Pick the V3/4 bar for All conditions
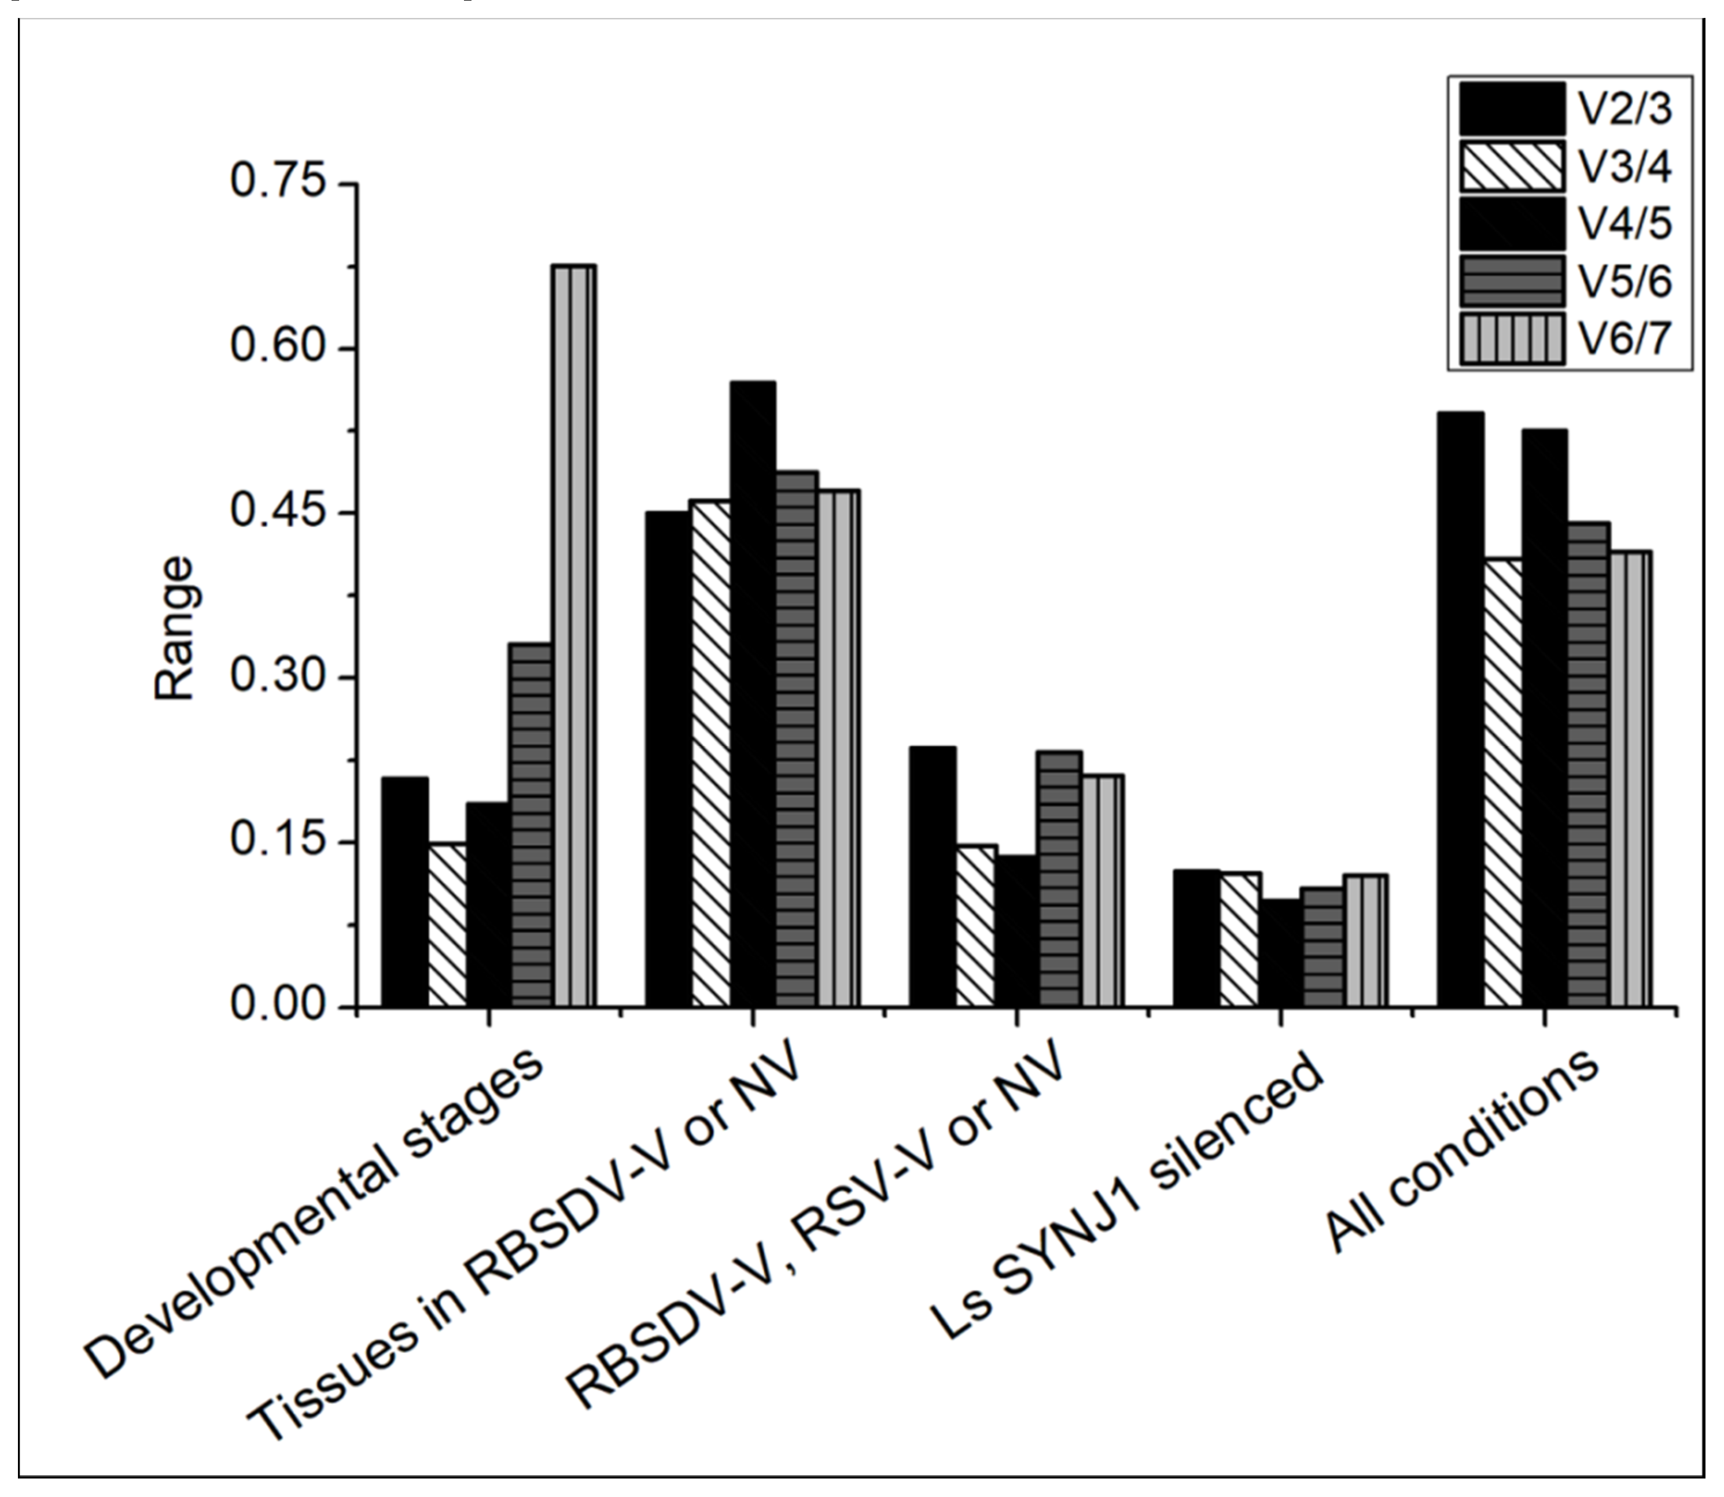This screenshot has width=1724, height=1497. pos(1504,781)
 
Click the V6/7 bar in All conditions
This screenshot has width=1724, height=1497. pos(1630,777)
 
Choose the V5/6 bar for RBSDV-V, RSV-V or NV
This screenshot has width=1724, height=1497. pos(1060,877)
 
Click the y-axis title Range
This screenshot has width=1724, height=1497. pos(175,628)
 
